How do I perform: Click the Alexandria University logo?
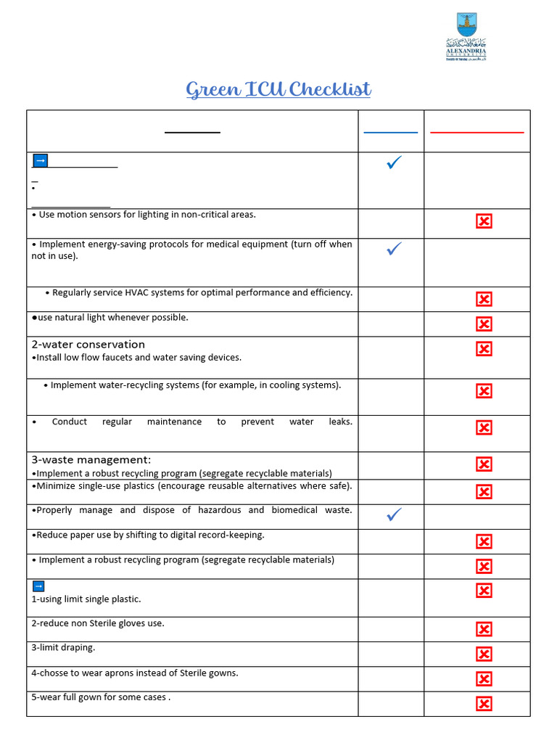[466, 36]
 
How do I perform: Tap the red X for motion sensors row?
[484, 221]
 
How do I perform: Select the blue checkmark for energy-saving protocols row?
[395, 249]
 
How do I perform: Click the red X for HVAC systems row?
[484, 299]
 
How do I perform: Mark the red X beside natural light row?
[484, 324]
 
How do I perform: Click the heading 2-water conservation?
[88, 345]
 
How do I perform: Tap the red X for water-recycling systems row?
[484, 391]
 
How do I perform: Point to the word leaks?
[340, 422]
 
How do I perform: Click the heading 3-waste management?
[91, 460]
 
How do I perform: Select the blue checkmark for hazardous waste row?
[395, 514]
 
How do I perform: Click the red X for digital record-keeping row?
[484, 541]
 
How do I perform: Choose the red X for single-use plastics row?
[484, 492]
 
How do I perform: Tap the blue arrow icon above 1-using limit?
[38, 586]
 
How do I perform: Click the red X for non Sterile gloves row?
[484, 629]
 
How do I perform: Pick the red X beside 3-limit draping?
[484, 654]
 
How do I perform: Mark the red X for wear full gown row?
[484, 704]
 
